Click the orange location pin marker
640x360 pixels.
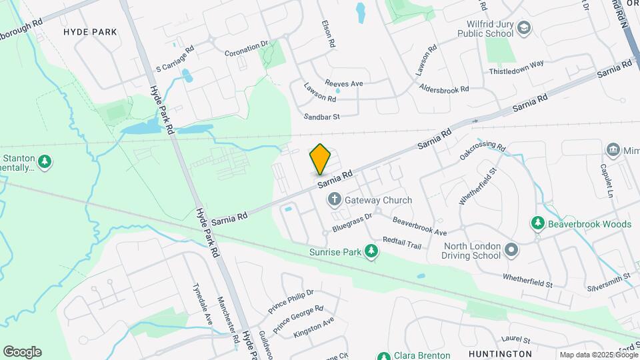tap(321, 159)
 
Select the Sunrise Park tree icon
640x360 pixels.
tap(371, 251)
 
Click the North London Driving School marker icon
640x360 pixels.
tap(511, 249)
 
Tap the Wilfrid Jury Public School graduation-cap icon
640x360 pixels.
tap(524, 27)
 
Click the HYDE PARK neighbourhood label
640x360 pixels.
tap(89, 32)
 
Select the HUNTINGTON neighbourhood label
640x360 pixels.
tap(500, 353)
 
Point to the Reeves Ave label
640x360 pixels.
tap(343, 83)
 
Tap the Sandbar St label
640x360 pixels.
tap(322, 116)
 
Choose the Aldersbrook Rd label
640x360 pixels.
tap(445, 88)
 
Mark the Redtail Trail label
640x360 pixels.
tap(402, 243)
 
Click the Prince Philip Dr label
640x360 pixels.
tap(291, 301)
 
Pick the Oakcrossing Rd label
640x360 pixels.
tap(482, 152)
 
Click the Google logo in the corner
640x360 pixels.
tap(22, 351)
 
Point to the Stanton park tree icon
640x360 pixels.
tap(45, 161)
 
